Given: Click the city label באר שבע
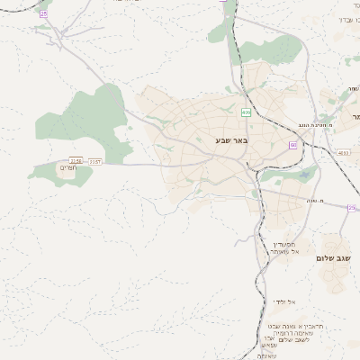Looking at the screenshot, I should (231, 141).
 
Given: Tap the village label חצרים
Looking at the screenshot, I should (68, 168).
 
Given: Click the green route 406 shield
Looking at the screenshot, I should (245, 112).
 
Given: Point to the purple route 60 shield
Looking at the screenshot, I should (293, 144).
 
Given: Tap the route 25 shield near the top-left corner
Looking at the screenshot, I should (42, 13).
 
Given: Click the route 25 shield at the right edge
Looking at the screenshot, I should (354, 206).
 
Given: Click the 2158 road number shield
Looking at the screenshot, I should (76, 160).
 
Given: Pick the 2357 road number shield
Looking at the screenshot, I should (94, 161).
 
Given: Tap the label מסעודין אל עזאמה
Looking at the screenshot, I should (285, 247).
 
